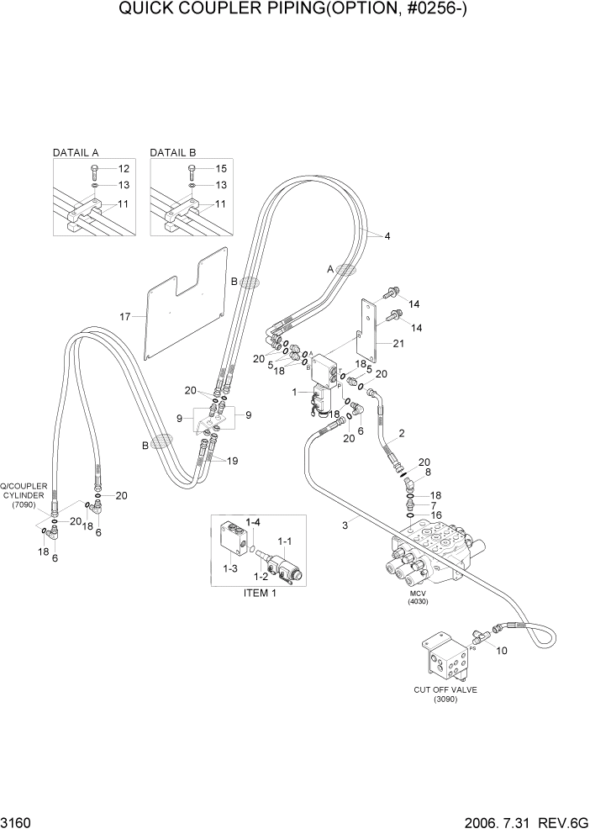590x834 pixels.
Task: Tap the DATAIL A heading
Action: (76, 153)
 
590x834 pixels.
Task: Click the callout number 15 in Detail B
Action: (221, 169)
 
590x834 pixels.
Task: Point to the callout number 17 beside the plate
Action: (125, 316)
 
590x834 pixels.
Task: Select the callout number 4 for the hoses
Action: (387, 236)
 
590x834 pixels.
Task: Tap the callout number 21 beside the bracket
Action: (398, 343)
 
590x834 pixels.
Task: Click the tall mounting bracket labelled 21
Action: (368, 336)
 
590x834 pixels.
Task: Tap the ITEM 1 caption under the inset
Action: (261, 593)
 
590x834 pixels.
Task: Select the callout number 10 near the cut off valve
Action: (502, 652)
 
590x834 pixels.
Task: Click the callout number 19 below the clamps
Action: (232, 461)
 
